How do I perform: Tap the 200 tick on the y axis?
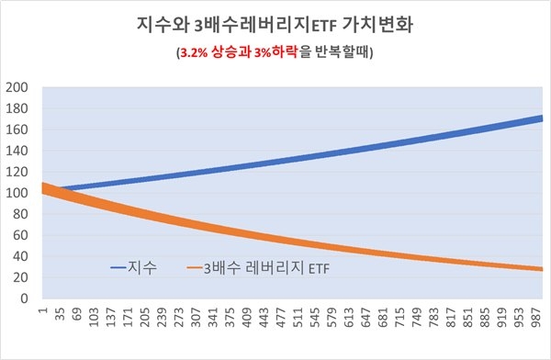click(18, 88)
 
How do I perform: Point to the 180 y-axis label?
click(18, 109)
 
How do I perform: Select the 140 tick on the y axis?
click(18, 152)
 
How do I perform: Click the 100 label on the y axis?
click(18, 194)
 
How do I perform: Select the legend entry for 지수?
click(144, 268)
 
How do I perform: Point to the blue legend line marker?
click(122, 268)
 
